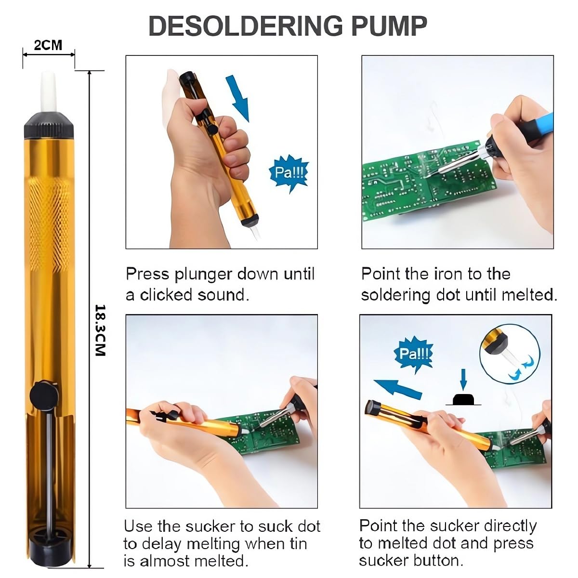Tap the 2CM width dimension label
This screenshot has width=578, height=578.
click(x=48, y=45)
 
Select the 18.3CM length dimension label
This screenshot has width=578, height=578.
click(x=100, y=330)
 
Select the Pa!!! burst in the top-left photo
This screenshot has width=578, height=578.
click(x=288, y=172)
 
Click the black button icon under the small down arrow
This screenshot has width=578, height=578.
click(x=463, y=399)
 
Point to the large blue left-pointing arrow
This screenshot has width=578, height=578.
click(x=397, y=388)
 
